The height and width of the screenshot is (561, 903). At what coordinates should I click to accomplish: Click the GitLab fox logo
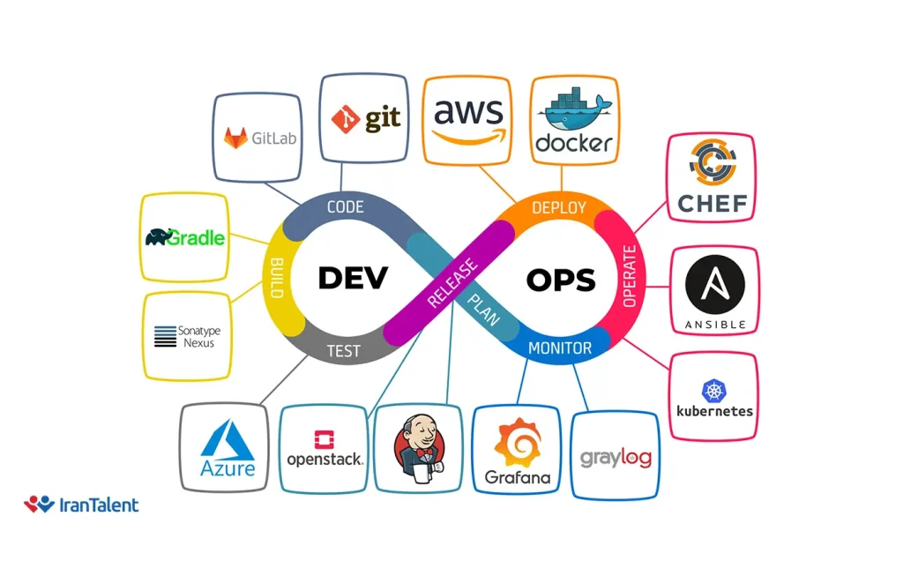pyautogui.click(x=235, y=138)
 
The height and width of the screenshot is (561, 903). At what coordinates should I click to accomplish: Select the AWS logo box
pyautogui.click(x=468, y=120)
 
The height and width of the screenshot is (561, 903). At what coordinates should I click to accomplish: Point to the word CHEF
pyautogui.click(x=713, y=205)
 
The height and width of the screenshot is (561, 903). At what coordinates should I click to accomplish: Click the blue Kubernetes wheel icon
pyautogui.click(x=713, y=390)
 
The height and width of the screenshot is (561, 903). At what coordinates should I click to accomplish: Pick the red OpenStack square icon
pyautogui.click(x=324, y=438)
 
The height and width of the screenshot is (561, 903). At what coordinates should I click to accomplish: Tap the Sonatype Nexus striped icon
pyautogui.click(x=165, y=336)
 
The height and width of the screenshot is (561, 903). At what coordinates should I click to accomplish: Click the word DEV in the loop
pyautogui.click(x=352, y=279)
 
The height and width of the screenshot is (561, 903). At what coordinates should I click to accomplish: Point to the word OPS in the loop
pyautogui.click(x=561, y=280)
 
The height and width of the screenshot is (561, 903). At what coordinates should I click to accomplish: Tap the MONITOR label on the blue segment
pyautogui.click(x=560, y=348)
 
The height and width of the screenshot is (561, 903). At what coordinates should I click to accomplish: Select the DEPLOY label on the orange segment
pyautogui.click(x=559, y=208)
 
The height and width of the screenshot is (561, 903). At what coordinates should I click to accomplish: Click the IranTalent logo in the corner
pyautogui.click(x=81, y=505)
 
